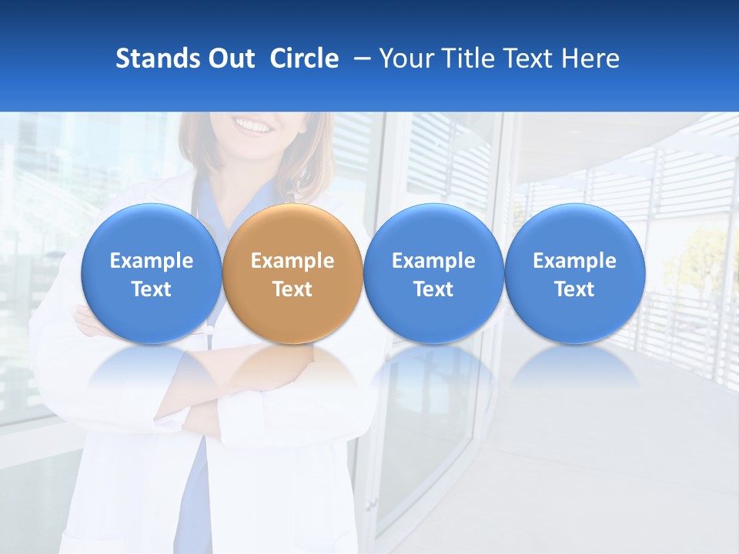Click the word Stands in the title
(157, 58)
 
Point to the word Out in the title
(230, 58)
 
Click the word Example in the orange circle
(293, 261)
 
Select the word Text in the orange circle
(293, 289)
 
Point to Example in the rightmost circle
(574, 261)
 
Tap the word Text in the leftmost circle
(151, 289)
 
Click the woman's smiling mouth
(254, 125)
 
